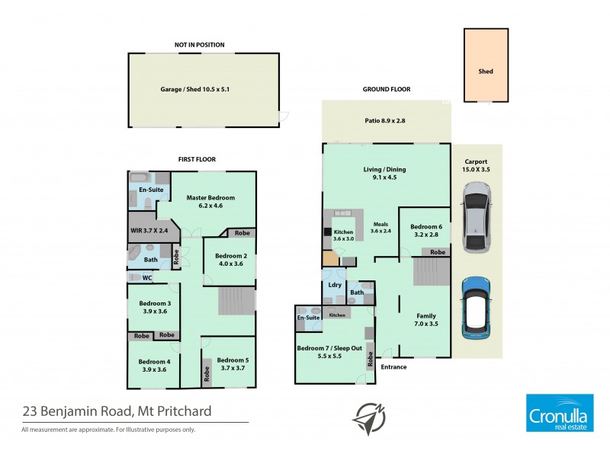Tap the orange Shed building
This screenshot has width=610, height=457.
coord(486,66)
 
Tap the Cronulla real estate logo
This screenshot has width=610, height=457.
coord(560,414)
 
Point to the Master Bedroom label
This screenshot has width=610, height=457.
coord(210,202)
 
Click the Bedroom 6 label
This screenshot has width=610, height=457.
coord(425,231)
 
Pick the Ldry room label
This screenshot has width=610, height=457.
coord(334,285)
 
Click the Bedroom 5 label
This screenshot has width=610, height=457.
coord(233,364)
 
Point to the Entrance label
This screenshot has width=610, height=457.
coord(394,367)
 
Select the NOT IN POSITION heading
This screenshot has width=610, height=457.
coord(199,45)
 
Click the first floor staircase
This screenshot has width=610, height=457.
coord(236,300)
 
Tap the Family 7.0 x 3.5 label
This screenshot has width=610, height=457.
coord(425,320)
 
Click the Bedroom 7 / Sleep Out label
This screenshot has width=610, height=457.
coord(330,352)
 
